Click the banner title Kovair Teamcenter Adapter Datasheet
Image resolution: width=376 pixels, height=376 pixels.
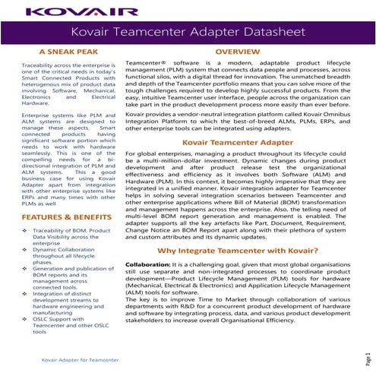pos(188,33)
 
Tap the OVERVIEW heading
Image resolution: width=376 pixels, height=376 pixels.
pos(238,52)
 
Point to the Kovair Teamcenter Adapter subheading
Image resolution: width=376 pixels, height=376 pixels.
pos(238,141)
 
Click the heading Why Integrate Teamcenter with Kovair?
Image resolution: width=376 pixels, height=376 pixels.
pos(238,250)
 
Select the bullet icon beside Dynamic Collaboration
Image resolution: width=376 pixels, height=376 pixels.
pos(25,249)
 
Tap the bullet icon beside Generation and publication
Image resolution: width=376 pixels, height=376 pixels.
pos(25,269)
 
